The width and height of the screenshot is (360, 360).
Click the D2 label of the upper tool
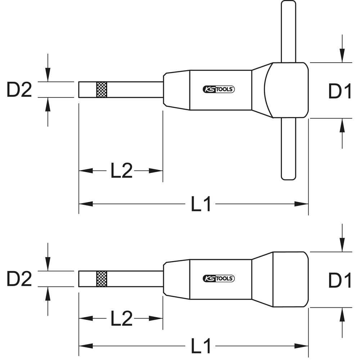click(x=19, y=90)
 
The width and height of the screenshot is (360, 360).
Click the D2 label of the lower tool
click(x=19, y=279)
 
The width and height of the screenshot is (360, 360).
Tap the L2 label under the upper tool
click(x=122, y=171)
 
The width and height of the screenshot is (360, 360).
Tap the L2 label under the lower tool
click(x=122, y=318)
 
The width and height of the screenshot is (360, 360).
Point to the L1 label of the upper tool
click(x=201, y=204)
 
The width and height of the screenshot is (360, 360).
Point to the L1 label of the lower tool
click(x=201, y=346)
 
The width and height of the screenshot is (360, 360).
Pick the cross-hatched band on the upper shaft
click(x=102, y=90)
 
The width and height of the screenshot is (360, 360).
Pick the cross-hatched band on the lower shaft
click(x=102, y=279)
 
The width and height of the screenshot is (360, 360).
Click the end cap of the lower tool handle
click(x=290, y=279)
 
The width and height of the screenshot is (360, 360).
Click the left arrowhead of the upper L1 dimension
click(x=85, y=204)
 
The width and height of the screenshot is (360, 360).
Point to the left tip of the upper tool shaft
click(x=79, y=90)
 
